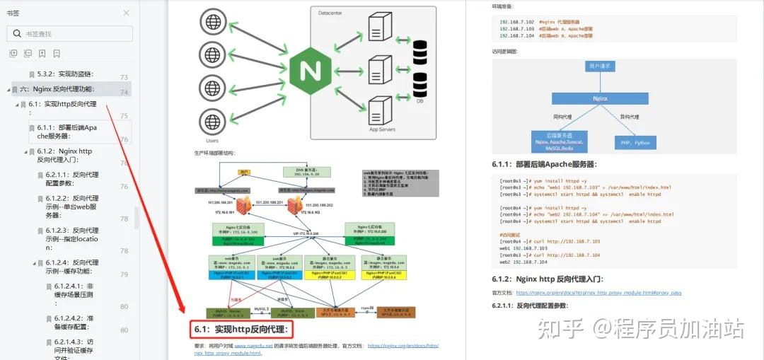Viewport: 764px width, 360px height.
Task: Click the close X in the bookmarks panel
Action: pos(126,13)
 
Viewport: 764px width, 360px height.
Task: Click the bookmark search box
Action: pos(70,33)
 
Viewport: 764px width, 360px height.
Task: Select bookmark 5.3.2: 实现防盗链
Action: pos(64,74)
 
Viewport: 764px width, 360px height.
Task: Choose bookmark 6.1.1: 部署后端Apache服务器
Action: pos(67,132)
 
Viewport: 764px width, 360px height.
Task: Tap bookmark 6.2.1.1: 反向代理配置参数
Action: pos(72,178)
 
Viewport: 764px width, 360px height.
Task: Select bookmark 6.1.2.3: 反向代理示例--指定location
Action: pos(72,239)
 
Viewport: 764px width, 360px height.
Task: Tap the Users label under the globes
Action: pos(212,141)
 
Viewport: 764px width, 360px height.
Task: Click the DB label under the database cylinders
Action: pos(419,101)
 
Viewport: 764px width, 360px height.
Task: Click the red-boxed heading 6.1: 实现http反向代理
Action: pos(241,329)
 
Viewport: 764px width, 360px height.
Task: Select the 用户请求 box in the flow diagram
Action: pos(600,66)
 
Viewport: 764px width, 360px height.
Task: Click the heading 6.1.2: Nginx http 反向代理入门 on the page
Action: pos(547,279)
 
